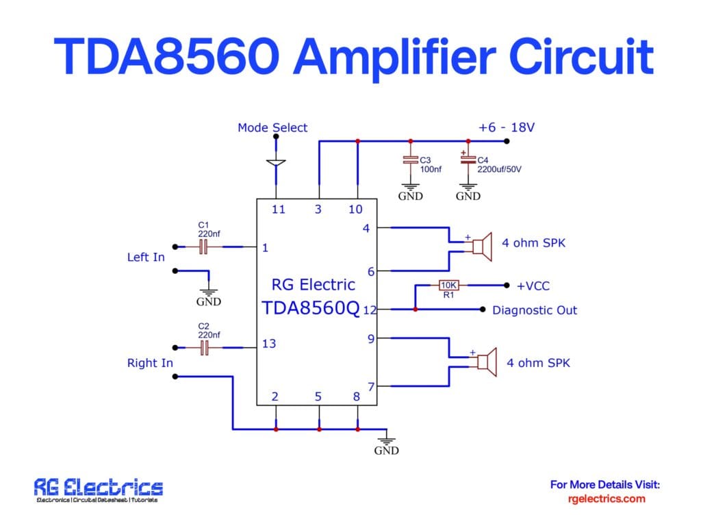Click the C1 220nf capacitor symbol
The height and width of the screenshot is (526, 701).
coord(203,247)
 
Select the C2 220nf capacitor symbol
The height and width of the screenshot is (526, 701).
coord(203,349)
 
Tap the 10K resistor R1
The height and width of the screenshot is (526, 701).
coord(449,285)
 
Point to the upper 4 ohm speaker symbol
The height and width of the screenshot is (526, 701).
coord(482,247)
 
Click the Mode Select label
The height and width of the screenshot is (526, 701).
coord(272,127)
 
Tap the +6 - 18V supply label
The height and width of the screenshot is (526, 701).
coord(506,127)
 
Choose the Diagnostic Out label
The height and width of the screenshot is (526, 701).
coord(535,310)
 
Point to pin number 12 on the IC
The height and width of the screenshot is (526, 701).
coord(370,310)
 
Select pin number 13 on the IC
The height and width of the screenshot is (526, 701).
coord(269,343)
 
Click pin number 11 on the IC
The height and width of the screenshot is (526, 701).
coord(278,210)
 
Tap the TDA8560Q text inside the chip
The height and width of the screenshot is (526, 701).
coord(310,308)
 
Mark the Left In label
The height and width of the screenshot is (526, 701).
coord(146,258)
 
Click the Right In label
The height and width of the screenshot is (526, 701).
coord(150,363)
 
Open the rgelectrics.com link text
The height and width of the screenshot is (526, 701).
coord(607,499)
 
